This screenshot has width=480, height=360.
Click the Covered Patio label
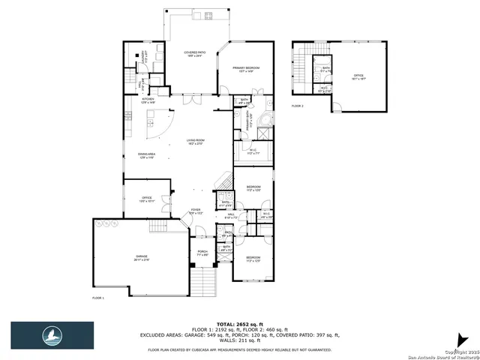click(x=195, y=54)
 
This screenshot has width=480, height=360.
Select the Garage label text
click(x=141, y=258)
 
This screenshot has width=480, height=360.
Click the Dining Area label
click(x=146, y=156)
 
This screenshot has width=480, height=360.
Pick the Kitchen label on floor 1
click(x=148, y=100)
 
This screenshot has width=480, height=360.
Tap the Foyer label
click(x=195, y=212)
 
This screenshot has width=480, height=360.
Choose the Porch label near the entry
click(x=202, y=253)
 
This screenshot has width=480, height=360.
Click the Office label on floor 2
click(x=358, y=76)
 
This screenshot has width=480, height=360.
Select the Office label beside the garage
click(x=148, y=199)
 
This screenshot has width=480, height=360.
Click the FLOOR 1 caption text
click(x=97, y=298)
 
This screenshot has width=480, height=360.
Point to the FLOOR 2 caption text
click(x=298, y=106)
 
